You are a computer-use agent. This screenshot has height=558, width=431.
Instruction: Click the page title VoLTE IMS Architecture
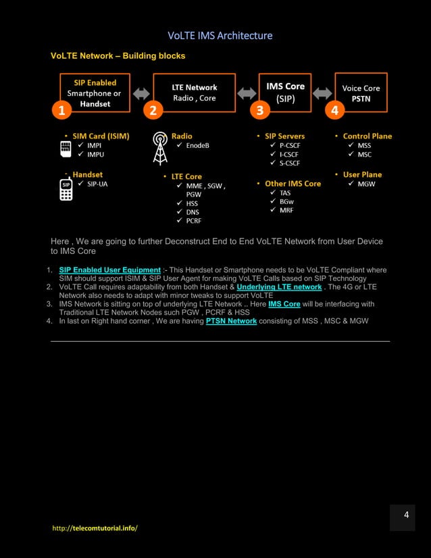[x=220, y=35]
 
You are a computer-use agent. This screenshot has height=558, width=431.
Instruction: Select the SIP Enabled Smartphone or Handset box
[x=95, y=93]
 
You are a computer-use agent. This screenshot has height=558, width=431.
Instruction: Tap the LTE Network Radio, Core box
[x=195, y=93]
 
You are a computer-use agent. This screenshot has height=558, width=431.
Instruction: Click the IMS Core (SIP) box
[x=285, y=92]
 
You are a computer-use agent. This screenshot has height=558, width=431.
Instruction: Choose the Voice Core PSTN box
[x=361, y=93]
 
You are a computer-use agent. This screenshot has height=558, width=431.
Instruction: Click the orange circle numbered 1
[x=61, y=110]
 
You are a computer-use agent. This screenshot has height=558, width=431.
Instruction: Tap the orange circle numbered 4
[x=334, y=110]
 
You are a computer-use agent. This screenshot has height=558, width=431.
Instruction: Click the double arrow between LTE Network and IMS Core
[x=247, y=93]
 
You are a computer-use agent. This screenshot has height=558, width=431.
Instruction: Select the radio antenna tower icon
[x=160, y=148]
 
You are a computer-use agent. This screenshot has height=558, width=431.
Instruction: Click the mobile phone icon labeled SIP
[x=66, y=190]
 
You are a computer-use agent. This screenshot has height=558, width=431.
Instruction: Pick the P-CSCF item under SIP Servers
[x=290, y=145]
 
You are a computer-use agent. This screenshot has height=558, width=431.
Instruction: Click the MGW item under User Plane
[x=367, y=184]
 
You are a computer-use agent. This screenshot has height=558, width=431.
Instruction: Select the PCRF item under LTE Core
[x=193, y=221]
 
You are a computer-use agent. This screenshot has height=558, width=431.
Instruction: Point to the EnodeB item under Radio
[x=198, y=145]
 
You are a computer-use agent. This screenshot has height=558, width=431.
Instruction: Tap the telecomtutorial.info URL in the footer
[x=95, y=528]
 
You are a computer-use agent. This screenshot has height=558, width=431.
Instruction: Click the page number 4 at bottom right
[x=406, y=515]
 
